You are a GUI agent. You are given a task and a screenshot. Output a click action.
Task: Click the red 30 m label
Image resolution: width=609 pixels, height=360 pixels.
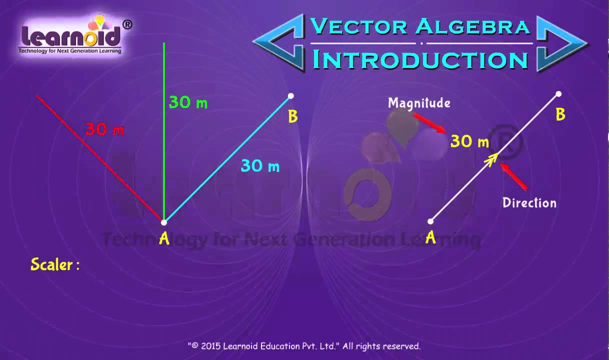(104, 129)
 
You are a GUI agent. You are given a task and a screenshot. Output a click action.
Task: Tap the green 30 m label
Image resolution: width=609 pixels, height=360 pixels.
(188, 102)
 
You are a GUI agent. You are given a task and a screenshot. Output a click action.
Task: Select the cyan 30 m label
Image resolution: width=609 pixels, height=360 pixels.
(260, 165)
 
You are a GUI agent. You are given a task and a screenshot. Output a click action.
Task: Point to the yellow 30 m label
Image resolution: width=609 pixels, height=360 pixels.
(469, 141)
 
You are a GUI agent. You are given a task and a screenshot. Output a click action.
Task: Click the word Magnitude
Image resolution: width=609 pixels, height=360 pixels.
(419, 103)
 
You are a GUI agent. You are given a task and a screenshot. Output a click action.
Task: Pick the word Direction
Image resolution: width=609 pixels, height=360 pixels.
(529, 202)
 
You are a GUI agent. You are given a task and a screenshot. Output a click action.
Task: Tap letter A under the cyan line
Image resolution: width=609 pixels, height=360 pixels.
(164, 239)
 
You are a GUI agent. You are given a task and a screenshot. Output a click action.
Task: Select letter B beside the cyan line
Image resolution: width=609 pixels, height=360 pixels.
(293, 116)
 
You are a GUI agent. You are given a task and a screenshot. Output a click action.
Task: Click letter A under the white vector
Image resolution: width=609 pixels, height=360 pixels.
(430, 238)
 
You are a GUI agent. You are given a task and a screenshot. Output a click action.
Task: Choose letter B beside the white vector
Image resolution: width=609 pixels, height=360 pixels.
(560, 115)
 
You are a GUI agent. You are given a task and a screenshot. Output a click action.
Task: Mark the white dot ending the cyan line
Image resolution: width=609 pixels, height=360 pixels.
(291, 95)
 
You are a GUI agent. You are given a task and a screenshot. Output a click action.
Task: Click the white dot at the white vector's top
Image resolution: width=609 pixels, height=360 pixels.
(558, 94)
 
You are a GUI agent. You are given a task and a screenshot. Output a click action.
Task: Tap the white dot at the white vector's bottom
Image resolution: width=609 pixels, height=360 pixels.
(430, 221)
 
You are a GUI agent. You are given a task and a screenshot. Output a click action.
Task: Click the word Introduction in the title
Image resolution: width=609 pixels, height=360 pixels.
(420, 59)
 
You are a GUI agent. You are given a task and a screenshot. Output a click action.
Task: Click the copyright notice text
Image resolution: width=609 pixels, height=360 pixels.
(304, 346)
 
